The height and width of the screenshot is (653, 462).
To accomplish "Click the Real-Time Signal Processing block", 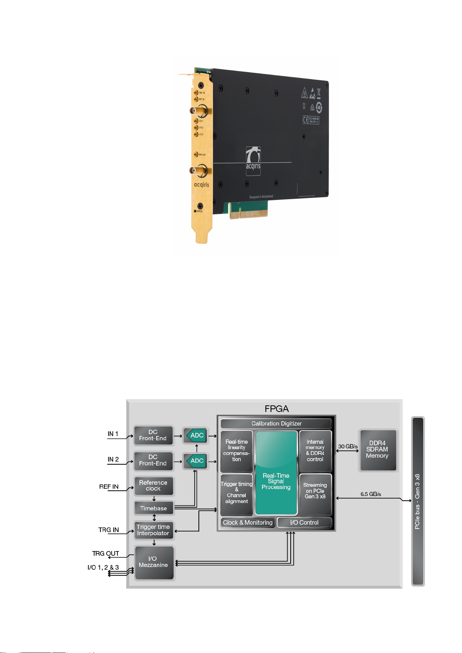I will [x=276, y=473].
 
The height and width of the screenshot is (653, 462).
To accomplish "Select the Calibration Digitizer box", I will [x=276, y=424].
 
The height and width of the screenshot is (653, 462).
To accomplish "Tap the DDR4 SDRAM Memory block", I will [x=378, y=450].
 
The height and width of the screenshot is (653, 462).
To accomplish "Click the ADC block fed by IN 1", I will [x=195, y=435].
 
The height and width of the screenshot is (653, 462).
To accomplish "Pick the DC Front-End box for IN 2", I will [x=153, y=460].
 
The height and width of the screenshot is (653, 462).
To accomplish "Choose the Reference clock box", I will [x=153, y=486].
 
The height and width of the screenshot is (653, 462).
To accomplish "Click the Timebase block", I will [x=153, y=508].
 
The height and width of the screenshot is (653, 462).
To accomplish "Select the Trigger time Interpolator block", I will [x=153, y=530].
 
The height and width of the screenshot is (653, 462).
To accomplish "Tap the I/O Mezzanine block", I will [x=154, y=562].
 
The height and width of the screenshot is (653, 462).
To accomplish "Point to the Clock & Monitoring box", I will [x=248, y=522].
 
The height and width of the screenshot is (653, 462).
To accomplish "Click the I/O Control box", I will [x=304, y=522].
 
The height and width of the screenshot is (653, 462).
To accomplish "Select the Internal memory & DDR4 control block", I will [x=315, y=451].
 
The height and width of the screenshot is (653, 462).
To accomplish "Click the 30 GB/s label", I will [x=348, y=446].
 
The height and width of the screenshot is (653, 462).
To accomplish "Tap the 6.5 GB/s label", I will [x=371, y=494].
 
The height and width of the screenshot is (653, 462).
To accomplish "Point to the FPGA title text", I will [x=276, y=409].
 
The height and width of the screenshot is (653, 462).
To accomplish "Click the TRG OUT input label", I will [x=105, y=553].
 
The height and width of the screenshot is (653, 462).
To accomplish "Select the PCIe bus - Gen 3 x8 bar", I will [x=417, y=501].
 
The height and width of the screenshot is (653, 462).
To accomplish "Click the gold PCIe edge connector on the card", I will [x=248, y=212].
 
